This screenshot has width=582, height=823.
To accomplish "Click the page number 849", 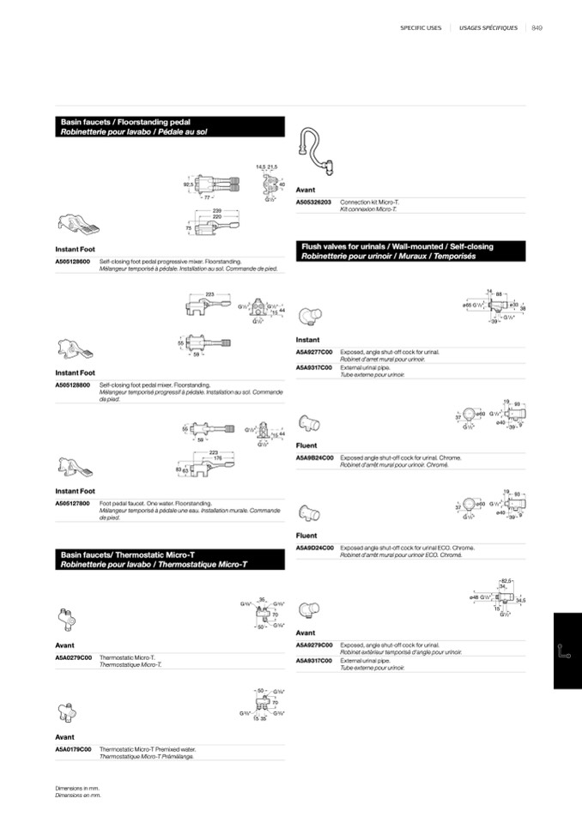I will [x=537, y=27].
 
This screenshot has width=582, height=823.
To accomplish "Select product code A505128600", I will [x=73, y=261].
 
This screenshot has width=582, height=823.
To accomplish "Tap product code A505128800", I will [x=73, y=385].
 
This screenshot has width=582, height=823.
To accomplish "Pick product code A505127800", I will [x=73, y=503].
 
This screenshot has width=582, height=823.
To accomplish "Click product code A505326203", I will [x=314, y=202].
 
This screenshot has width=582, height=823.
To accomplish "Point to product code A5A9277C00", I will [x=314, y=352].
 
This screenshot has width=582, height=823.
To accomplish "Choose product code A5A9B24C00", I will [x=314, y=457].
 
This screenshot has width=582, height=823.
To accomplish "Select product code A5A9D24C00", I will [x=314, y=548].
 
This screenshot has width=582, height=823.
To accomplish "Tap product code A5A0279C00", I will [x=74, y=657].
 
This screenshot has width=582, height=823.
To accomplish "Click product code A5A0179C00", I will [x=74, y=749].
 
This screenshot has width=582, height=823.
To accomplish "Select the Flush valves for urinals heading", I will [x=397, y=247].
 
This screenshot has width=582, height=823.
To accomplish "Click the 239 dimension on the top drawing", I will [x=217, y=209].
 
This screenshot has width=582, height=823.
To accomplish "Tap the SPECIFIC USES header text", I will [x=421, y=27].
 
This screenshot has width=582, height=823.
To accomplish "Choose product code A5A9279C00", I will [x=314, y=644].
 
